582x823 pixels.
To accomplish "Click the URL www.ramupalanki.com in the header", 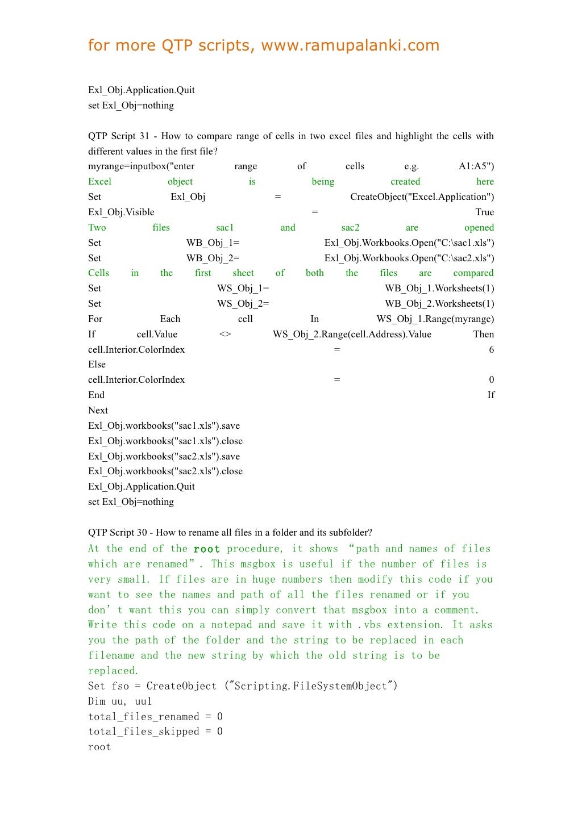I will pos(350,45).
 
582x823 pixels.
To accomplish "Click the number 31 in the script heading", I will pos(144,136).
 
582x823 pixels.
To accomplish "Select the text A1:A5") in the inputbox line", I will pos(476,166).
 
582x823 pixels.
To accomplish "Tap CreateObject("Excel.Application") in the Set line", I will pos(422,197).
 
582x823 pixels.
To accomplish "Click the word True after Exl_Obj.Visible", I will pos(484,212).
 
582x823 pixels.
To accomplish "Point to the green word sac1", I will pos(225,228).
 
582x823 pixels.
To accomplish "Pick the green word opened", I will pos(479,228).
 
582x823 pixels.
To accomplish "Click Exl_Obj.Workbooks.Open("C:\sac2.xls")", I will pos(409,258).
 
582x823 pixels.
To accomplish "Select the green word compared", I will pos(473,273).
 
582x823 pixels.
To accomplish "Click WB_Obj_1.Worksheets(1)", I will pos(439,289).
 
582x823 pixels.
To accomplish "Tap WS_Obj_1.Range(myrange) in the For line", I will pos(435,319).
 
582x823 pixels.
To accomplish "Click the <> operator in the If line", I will pos(225,335).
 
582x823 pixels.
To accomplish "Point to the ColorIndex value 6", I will pos(491,350).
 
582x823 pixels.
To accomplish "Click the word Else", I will pos(97,365).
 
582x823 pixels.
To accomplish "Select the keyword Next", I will pos(98,411).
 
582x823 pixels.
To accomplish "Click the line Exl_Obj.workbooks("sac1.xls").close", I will pos(165,441).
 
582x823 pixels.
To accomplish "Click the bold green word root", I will pos(206,549).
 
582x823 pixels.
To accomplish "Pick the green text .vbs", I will pos(369,625).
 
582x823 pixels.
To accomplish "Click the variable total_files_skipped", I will pos(143,732).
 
